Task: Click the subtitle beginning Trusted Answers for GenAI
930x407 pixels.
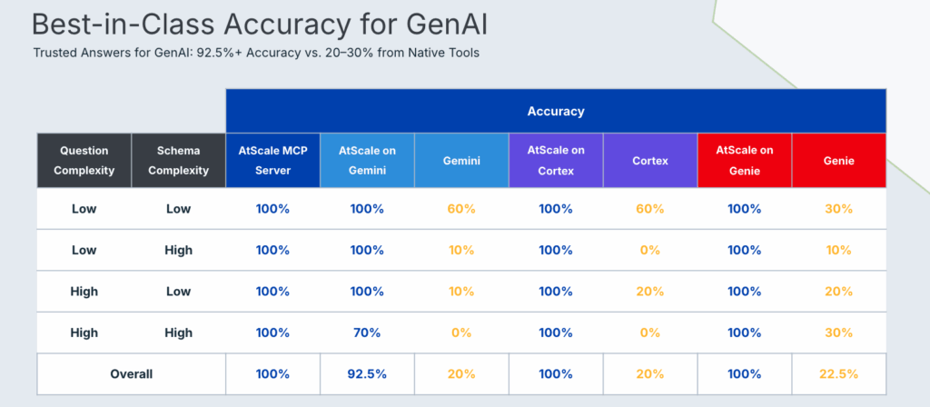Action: [256, 53]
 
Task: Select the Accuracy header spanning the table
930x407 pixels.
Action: [556, 111]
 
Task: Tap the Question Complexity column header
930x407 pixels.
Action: [84, 160]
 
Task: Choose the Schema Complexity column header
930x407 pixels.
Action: [178, 160]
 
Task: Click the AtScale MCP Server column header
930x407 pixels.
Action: [272, 160]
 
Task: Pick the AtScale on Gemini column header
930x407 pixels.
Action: [367, 160]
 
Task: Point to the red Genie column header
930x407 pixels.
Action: [838, 160]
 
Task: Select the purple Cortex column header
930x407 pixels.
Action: [649, 160]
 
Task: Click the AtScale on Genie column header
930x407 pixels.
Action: [744, 160]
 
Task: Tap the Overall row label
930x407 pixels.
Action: [131, 373]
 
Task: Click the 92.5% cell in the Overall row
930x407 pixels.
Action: [367, 373]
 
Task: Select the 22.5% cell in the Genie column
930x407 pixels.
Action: [838, 373]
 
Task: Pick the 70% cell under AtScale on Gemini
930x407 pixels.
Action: [367, 333]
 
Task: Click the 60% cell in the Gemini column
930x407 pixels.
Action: [461, 209]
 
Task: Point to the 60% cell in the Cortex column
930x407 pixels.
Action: [649, 209]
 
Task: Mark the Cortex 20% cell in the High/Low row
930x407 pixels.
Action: [649, 292]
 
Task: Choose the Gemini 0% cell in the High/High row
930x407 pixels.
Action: [461, 333]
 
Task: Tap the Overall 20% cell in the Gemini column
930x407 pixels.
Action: [461, 373]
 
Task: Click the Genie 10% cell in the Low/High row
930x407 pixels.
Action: [838, 250]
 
